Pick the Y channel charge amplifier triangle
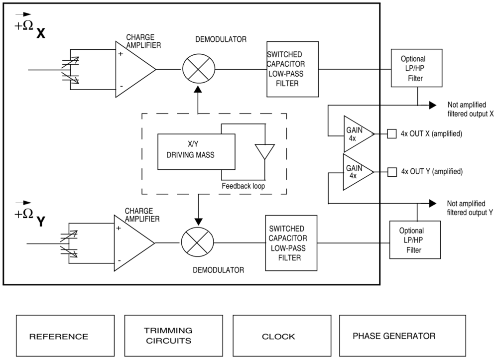pos(133,243)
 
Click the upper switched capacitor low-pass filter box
pos(292,70)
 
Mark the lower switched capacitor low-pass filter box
pos(291,243)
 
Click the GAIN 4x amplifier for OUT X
pos(357,134)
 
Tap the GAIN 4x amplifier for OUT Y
pos(357,172)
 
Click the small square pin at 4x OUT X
pos(392,133)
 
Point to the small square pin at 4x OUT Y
pos(392,172)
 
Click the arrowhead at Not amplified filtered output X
pos(432,105)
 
